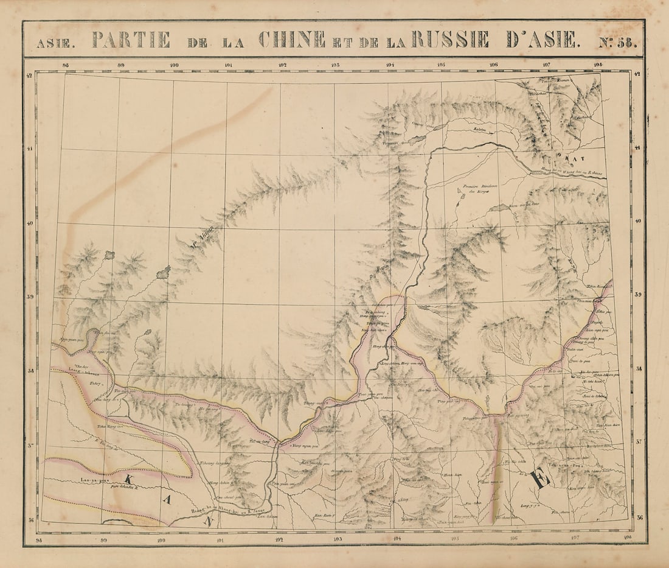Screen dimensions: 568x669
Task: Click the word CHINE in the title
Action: tap(292, 40)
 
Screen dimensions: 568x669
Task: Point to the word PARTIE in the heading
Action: tap(131, 40)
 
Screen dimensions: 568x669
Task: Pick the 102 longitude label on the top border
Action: tap(282, 65)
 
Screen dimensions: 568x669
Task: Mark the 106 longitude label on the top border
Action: tap(493, 65)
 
